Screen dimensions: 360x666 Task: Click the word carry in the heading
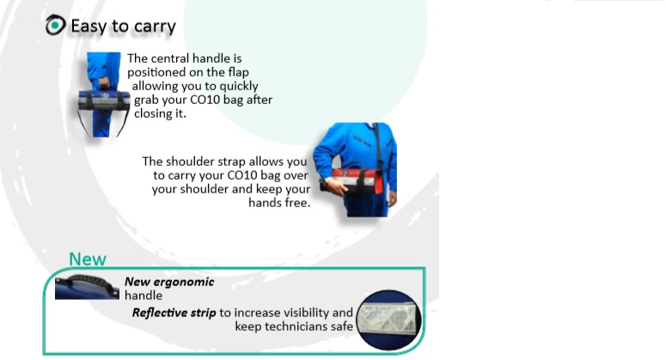pos(155,27)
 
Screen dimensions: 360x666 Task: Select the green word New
pos(88,259)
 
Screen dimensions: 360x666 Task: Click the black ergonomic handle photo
pos(87,286)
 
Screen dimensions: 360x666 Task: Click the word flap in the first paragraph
pos(234,72)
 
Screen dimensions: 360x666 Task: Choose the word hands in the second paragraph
pos(266,204)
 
